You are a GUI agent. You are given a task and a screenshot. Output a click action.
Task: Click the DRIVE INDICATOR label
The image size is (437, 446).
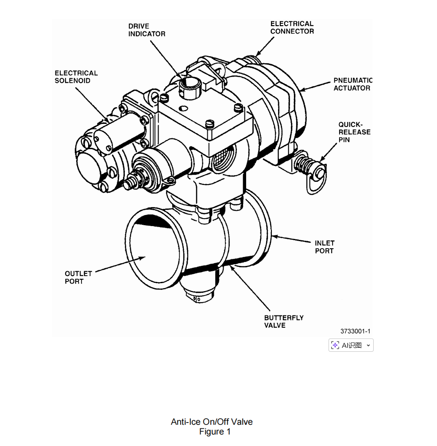(x=147, y=30)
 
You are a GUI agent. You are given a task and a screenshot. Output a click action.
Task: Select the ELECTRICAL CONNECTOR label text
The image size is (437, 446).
(x=292, y=27)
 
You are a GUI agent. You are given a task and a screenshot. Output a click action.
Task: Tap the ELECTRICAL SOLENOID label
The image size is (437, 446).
(x=76, y=77)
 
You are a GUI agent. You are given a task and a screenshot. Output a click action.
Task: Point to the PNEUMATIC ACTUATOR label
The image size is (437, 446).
(x=353, y=84)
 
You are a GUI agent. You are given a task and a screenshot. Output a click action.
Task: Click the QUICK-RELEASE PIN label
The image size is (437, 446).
(x=355, y=132)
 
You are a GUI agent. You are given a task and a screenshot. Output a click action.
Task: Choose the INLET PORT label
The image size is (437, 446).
(x=325, y=247)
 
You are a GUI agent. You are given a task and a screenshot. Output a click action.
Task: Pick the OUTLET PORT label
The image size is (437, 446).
(x=78, y=277)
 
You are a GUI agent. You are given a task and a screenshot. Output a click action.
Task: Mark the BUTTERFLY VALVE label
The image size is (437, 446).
(x=284, y=321)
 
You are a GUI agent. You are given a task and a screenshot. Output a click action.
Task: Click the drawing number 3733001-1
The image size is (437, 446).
(x=355, y=331)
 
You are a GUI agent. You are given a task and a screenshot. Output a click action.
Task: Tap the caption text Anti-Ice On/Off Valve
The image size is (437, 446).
(x=212, y=422)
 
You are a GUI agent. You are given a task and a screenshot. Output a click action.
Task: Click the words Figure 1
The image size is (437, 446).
(x=215, y=431)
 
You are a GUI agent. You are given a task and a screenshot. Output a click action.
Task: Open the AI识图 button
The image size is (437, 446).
(x=351, y=345)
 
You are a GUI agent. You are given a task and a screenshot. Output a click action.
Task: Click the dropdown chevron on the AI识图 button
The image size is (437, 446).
(x=368, y=345)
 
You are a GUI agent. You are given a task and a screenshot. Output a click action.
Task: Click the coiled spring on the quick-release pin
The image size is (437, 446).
(x=303, y=164)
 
